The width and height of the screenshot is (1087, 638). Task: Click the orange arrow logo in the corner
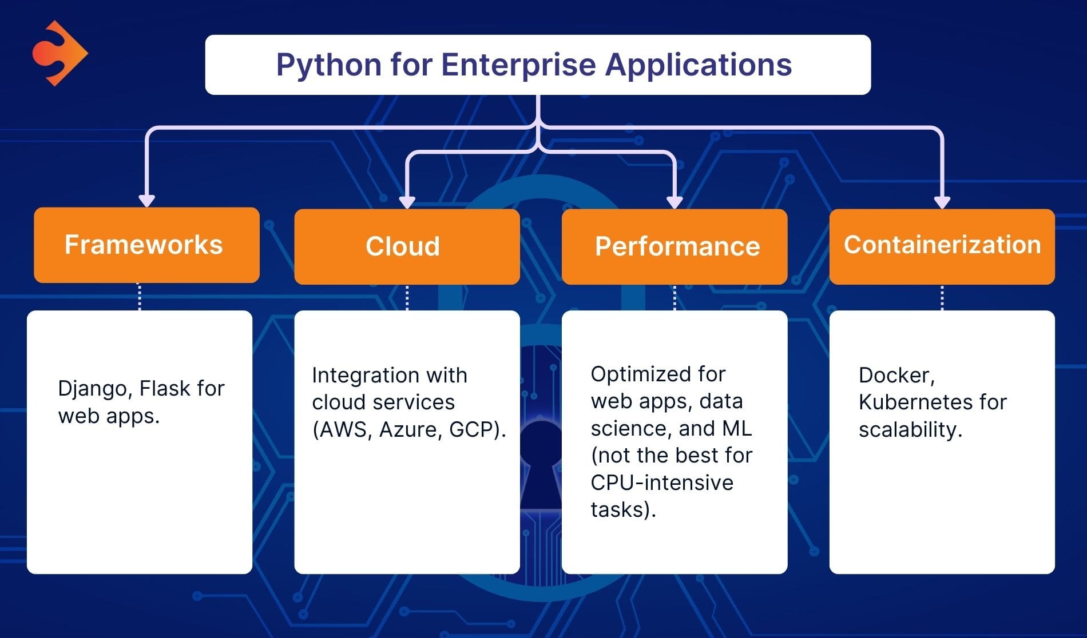click(x=59, y=53)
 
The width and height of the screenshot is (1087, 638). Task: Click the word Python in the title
click(x=329, y=65)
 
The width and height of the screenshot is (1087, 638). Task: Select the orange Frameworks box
click(x=146, y=245)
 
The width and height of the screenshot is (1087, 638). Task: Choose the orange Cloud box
click(x=407, y=246)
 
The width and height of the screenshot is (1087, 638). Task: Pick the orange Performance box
click(x=674, y=246)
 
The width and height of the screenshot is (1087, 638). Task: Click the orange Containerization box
click(x=942, y=246)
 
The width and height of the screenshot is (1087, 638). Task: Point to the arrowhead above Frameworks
click(x=147, y=200)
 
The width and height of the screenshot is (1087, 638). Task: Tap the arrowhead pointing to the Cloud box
click(x=407, y=202)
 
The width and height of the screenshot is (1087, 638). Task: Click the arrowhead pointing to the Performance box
click(x=675, y=202)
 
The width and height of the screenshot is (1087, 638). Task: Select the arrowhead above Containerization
click(x=942, y=202)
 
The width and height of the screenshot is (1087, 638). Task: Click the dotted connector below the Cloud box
click(x=407, y=297)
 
